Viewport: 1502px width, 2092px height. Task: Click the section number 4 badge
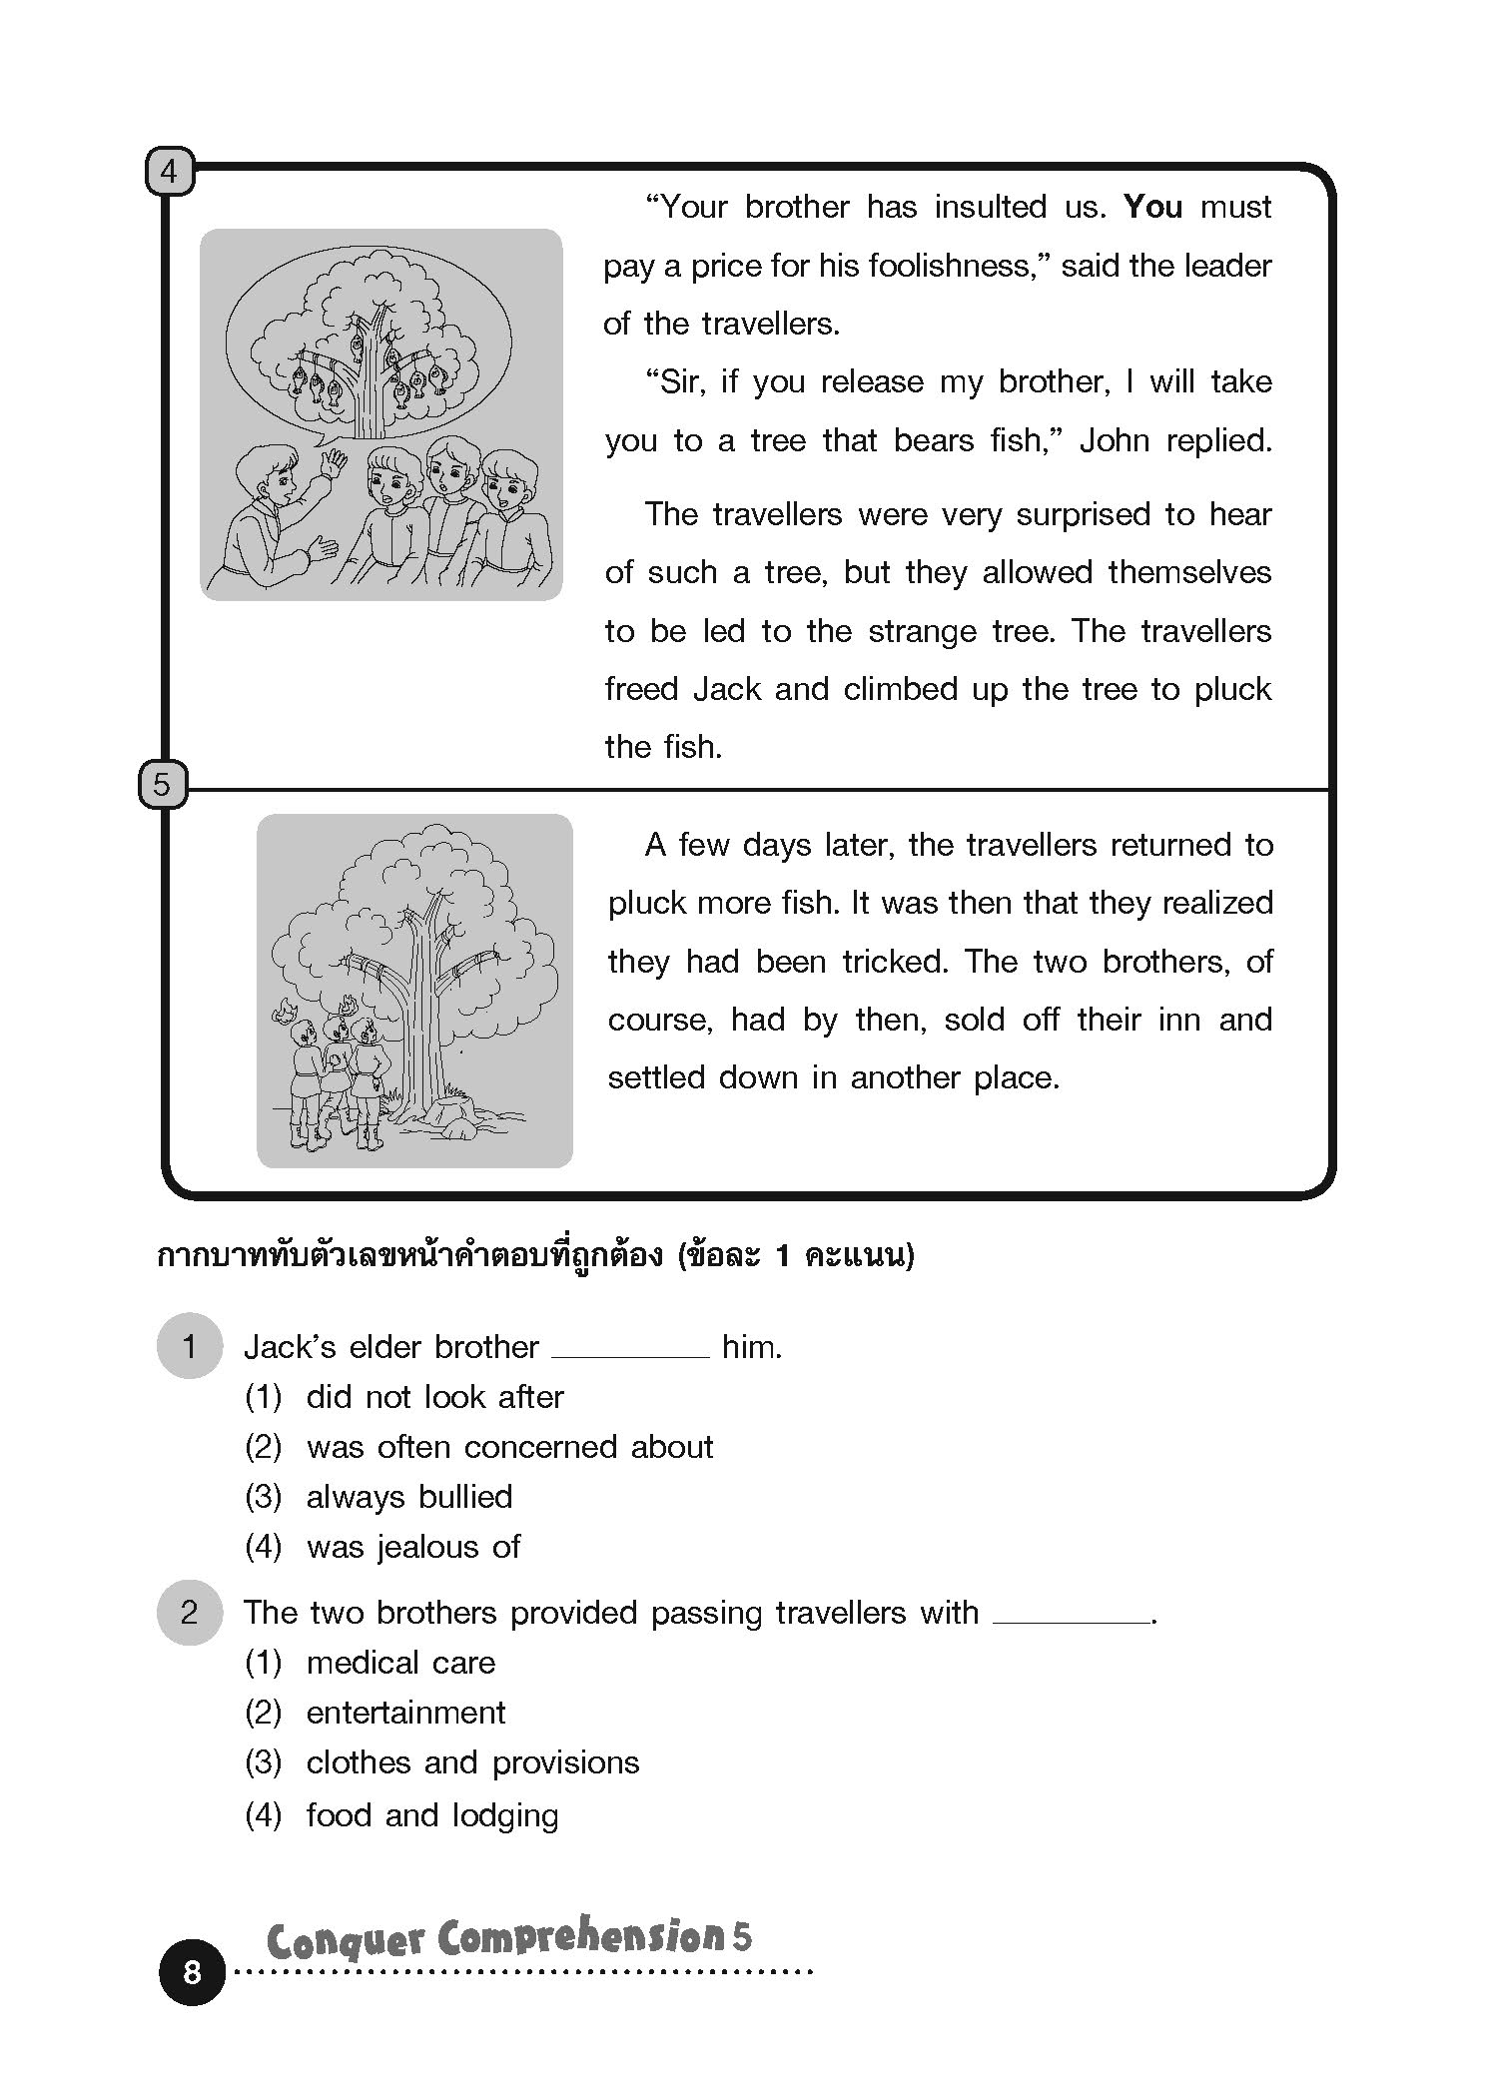coord(169,172)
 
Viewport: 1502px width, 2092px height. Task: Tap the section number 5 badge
coord(162,786)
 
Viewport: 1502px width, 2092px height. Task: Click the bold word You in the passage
coord(1152,207)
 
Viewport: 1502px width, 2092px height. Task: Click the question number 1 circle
coord(189,1346)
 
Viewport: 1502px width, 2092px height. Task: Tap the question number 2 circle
coord(189,1612)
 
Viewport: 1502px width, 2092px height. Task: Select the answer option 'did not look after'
coord(434,1396)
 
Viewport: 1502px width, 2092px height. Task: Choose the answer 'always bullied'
coord(408,1496)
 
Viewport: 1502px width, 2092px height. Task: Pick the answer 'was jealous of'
coord(412,1546)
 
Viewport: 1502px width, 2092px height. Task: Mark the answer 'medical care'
coord(400,1662)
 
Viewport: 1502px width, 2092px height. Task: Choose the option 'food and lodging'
coord(431,1813)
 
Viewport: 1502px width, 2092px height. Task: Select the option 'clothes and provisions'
coord(472,1761)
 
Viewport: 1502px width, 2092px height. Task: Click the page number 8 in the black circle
coord(192,1971)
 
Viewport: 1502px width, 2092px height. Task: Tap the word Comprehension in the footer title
coord(579,1937)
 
